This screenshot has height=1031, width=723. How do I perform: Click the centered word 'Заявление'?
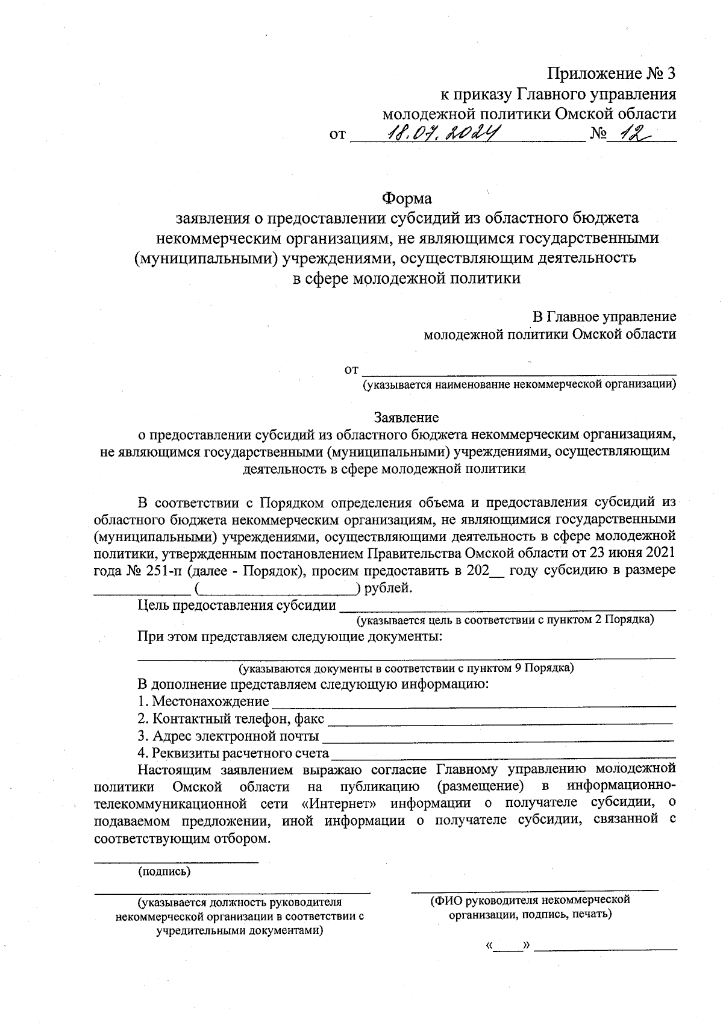(407, 417)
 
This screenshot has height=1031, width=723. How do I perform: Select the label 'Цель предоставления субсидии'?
(237, 605)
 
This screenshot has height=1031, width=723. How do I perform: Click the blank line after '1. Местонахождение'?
(474, 703)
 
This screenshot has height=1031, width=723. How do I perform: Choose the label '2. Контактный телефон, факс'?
(231, 719)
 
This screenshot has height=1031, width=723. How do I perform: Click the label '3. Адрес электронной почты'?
(228, 736)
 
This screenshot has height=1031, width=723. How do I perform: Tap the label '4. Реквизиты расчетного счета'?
(233, 753)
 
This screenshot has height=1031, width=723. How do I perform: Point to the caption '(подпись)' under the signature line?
(164, 871)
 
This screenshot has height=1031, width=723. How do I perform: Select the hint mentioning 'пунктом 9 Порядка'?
(406, 668)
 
